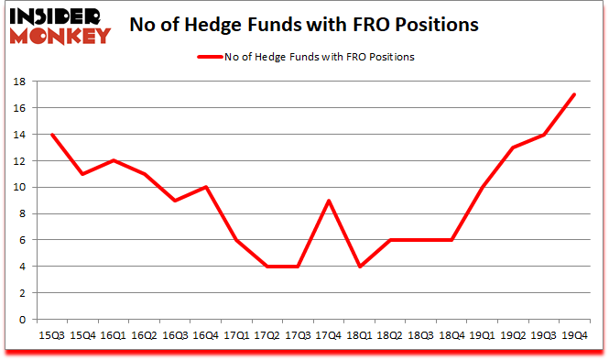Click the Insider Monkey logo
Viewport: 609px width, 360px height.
tap(60, 24)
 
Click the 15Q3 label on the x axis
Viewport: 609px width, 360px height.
tap(52, 334)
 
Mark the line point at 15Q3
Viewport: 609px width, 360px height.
tap(52, 135)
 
